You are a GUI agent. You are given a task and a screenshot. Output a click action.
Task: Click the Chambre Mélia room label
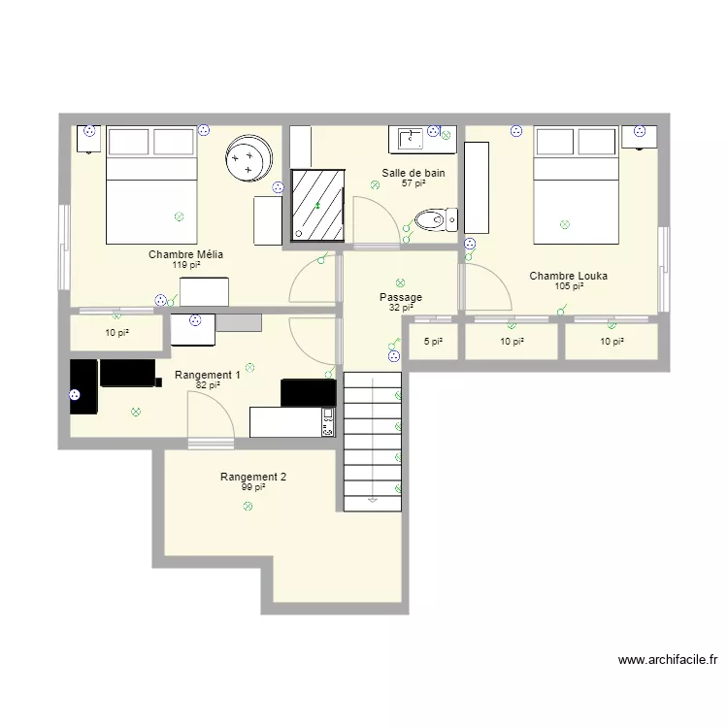point(185,254)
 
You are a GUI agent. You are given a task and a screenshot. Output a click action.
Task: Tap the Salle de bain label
point(414,173)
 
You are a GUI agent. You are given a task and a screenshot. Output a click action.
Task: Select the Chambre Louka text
point(568,276)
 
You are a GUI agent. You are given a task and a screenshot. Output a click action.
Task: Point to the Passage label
point(401,297)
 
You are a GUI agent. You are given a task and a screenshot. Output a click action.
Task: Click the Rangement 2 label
point(253,477)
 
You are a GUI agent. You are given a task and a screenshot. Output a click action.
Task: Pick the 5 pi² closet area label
point(433,342)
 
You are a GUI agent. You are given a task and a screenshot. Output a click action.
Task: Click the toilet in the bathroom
point(436,220)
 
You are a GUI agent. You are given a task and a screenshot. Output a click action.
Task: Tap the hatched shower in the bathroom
point(318,205)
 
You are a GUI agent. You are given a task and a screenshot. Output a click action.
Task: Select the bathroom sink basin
point(411,138)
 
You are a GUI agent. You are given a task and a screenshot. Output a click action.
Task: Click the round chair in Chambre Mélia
point(248,158)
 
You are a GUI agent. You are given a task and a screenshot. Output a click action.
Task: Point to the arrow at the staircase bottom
point(373,501)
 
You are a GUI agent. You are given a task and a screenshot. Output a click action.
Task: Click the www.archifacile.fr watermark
point(668,660)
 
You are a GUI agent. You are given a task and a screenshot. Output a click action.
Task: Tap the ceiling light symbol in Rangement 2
point(248,506)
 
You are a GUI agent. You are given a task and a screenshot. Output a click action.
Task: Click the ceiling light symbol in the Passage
point(400,282)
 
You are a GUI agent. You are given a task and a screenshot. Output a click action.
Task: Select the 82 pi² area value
point(208,385)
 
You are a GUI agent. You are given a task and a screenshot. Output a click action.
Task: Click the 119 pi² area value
point(186,265)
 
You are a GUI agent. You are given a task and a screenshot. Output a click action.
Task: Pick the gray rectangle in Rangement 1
point(239,322)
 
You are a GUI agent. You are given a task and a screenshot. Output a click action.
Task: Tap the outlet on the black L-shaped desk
point(75,395)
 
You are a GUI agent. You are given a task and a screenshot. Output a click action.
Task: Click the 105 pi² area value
point(569,286)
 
